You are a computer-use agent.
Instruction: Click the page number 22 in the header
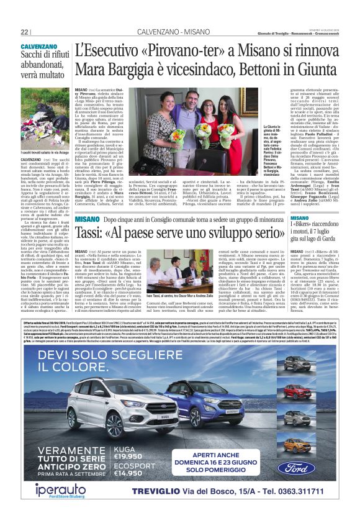(x=24, y=31)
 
